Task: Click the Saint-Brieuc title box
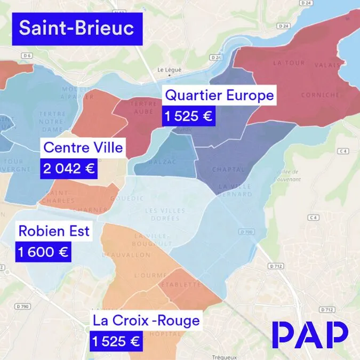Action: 77,29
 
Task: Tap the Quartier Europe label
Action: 219,95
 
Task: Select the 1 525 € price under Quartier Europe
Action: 188,116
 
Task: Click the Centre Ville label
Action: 83,147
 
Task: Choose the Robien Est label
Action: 54,231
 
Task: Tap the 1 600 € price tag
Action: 43,252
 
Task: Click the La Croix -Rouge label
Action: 146,321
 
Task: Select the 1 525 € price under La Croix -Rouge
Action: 115,341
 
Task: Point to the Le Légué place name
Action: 170,70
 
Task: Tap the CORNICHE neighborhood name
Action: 320,95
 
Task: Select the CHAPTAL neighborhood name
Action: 228,170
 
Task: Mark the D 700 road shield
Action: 245,233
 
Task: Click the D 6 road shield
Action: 28,55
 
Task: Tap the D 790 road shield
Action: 22,306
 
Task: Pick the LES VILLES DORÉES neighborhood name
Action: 165,214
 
